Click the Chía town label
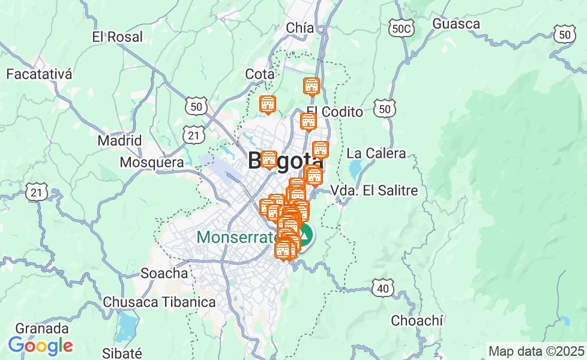(300, 28)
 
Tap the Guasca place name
(456, 24)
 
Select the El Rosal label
(118, 37)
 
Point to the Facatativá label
(39, 74)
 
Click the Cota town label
(260, 74)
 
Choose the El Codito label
(334, 112)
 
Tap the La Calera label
(376, 154)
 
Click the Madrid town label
(119, 141)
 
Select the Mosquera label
(152, 163)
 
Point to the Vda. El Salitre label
(375, 191)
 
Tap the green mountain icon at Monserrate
(306, 235)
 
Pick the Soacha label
(164, 274)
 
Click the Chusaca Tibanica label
(159, 301)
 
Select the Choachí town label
(417, 320)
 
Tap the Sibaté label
(122, 353)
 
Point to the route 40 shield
(382, 288)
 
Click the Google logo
(40, 346)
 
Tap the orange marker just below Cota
(268, 105)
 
